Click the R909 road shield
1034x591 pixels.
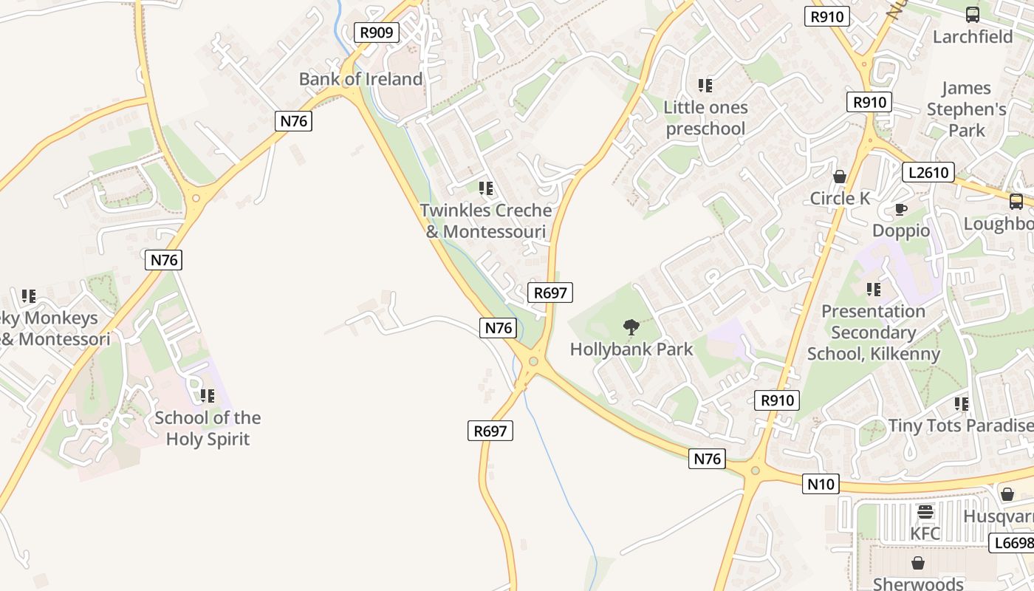[x=377, y=33]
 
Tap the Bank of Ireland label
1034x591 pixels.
[x=360, y=79]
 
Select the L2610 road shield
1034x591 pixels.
[x=928, y=173]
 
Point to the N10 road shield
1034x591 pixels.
[x=821, y=485]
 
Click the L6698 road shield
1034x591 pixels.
[x=1012, y=543]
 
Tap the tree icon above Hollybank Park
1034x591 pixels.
[x=631, y=327]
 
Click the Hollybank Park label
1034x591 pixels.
[x=631, y=349]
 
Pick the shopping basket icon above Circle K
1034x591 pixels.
[x=840, y=177]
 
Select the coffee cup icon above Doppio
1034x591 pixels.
[x=900, y=210]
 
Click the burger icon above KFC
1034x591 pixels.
[x=925, y=512]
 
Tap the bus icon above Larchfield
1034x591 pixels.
[x=973, y=15]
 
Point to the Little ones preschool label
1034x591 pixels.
[x=705, y=118]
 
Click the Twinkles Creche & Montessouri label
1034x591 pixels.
[x=486, y=221]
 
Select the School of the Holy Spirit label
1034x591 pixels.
[x=208, y=428]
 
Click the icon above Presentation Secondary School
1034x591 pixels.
[x=874, y=289]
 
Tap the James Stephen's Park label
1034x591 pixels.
[x=966, y=109]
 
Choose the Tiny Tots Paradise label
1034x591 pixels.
[x=960, y=426]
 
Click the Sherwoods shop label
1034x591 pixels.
[x=918, y=584]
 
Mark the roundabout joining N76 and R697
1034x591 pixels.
[x=533, y=361]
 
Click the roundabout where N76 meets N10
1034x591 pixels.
[x=755, y=470]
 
